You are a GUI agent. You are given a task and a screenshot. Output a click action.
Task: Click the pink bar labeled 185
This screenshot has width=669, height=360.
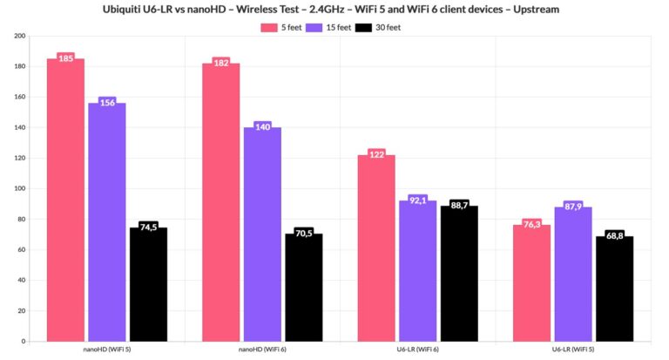click(x=65, y=200)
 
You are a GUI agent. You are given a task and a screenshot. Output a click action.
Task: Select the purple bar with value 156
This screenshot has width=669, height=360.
click(x=106, y=221)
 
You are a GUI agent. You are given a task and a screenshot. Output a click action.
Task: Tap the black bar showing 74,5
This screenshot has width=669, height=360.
click(x=148, y=284)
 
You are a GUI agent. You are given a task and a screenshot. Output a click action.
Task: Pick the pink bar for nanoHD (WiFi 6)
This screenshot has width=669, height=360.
click(x=221, y=201)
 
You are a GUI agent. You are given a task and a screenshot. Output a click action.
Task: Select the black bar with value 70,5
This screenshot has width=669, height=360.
click(x=304, y=287)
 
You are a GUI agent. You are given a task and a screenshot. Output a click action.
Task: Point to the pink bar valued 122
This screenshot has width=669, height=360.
click(x=376, y=248)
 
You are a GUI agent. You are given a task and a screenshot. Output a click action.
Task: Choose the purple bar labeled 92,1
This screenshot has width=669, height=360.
click(x=418, y=270)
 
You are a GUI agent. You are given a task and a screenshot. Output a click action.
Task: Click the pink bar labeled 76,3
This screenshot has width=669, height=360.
click(x=532, y=282)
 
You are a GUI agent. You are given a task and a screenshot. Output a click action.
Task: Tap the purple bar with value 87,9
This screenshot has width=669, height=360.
click(x=573, y=274)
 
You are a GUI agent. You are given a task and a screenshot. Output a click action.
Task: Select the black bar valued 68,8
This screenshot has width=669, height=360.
click(x=615, y=289)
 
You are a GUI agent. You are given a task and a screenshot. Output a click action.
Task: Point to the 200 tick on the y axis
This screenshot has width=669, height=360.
click(x=19, y=36)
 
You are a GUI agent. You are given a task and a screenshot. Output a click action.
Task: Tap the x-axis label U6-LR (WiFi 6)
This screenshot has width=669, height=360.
click(x=418, y=350)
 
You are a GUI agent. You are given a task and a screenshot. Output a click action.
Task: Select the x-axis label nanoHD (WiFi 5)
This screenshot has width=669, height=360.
click(x=107, y=350)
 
